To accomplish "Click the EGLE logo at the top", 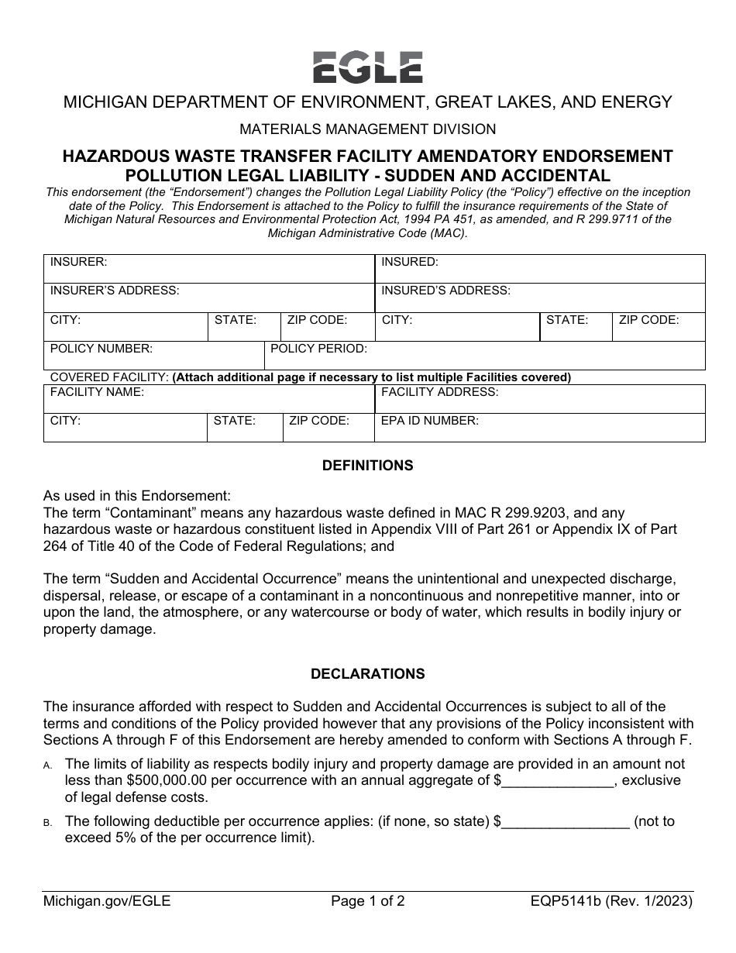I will [x=367, y=67].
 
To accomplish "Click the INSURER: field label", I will [x=79, y=262].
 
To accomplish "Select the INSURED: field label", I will [x=410, y=262].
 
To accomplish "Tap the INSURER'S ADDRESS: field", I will [x=209, y=298].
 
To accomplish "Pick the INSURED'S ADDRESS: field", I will [x=540, y=298].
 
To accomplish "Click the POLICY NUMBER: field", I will [x=154, y=356].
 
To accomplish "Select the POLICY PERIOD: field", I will [x=485, y=356].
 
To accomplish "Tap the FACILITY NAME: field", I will [x=209, y=399].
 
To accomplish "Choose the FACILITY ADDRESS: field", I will [x=540, y=399].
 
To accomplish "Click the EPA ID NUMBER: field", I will [x=540, y=428].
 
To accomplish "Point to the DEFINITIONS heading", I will [x=367, y=466].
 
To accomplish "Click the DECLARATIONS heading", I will [x=367, y=674].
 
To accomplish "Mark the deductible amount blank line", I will [x=566, y=821].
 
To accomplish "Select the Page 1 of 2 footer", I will [x=367, y=901].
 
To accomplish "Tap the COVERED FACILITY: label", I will [x=109, y=377].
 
